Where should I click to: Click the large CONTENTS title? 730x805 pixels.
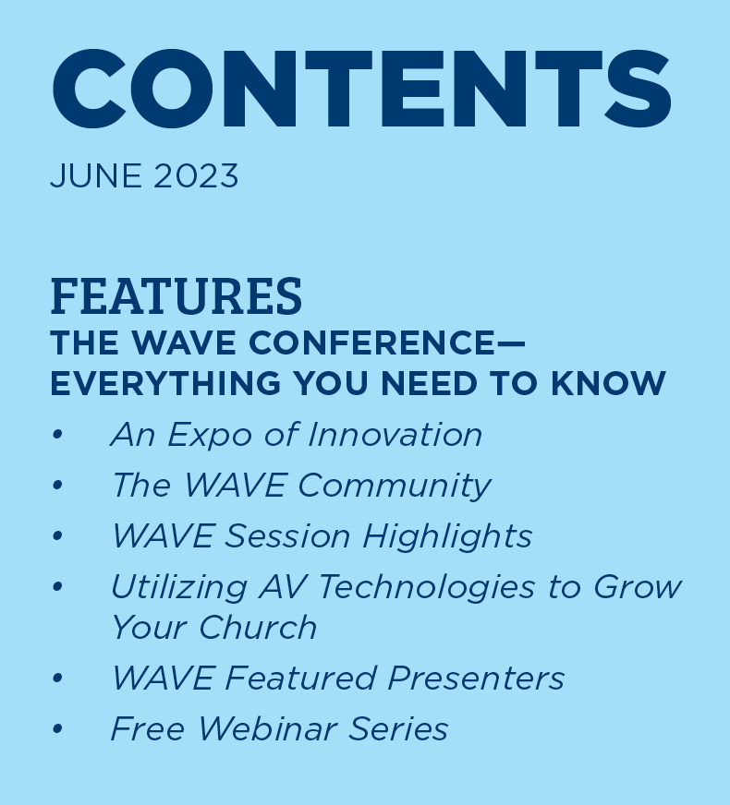[361, 89]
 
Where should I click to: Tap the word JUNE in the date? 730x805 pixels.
[95, 175]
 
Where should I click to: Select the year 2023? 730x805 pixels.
[196, 175]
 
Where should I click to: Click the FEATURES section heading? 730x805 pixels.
[176, 295]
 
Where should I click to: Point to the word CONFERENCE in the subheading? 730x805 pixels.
[371, 342]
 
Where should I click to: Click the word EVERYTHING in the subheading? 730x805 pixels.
[165, 383]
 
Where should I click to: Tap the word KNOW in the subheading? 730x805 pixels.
[608, 383]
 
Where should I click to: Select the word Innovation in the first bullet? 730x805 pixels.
[395, 435]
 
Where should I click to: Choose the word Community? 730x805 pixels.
[395, 486]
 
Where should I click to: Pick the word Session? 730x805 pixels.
[287, 536]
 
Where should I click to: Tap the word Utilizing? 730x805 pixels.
[178, 588]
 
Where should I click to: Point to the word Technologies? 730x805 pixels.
[427, 588]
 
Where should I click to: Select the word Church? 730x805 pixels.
[258, 627]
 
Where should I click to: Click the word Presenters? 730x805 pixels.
[476, 678]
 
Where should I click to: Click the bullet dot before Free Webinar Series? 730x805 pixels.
[57, 728]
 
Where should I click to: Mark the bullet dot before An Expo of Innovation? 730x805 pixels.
[57, 435]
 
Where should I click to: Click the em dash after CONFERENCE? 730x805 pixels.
[511, 342]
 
